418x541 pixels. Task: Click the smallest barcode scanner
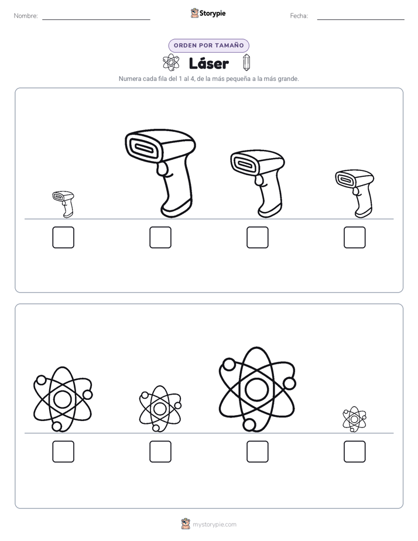pos(64,204)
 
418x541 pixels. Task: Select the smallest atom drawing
pos(354,419)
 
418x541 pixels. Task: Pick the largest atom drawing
pos(257,389)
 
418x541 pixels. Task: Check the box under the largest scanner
pos(160,237)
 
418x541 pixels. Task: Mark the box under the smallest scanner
pos(63,237)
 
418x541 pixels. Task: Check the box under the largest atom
pos(258,451)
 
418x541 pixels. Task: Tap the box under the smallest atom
pos(355,451)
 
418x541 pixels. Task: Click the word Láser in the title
pos(208,63)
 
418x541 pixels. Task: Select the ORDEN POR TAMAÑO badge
pos(208,46)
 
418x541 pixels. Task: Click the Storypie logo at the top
pos(208,13)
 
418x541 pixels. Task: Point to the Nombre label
pos(26,16)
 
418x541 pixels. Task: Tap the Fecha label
pos(299,16)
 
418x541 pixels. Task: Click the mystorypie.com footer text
pos(214,525)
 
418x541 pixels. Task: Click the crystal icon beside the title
pos(246,63)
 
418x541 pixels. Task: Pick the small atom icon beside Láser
pos(171,63)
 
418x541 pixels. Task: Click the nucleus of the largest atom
pos(257,389)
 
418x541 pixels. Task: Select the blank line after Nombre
pos(96,20)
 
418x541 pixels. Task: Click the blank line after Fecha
pos(361,20)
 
